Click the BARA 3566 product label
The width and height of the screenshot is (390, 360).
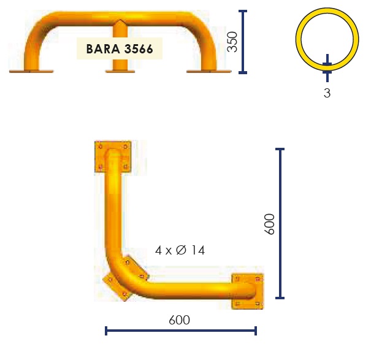point(120,48)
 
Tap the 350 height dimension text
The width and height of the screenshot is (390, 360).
point(232,42)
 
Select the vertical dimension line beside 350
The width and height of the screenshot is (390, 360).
point(243,42)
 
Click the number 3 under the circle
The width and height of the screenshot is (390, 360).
point(327,93)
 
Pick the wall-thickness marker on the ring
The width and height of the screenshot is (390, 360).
point(327,68)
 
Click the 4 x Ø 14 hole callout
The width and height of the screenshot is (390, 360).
point(180,250)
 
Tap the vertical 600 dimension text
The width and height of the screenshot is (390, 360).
point(269,224)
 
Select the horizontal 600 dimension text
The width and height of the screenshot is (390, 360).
point(179,320)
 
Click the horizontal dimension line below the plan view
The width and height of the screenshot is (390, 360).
point(181,331)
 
